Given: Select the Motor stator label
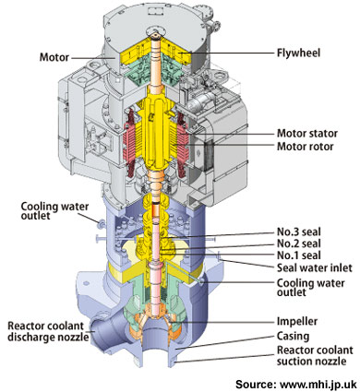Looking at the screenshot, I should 307,134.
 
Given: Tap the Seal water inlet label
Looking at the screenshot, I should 314,272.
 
